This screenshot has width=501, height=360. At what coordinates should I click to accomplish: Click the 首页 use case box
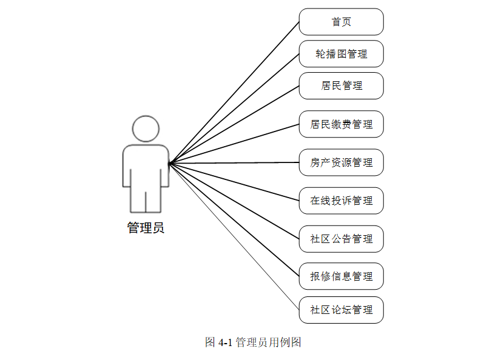(x=341, y=22)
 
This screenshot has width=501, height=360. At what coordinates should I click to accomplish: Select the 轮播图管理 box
(x=341, y=54)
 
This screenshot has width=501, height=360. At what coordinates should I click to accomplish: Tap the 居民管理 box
(x=341, y=85)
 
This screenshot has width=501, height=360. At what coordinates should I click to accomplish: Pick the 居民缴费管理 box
(x=341, y=124)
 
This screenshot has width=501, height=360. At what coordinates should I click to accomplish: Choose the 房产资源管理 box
(x=341, y=162)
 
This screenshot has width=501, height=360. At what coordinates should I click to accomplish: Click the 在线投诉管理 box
(x=341, y=201)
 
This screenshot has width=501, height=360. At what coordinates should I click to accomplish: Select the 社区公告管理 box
(x=341, y=239)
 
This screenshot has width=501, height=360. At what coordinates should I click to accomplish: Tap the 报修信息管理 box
(x=341, y=276)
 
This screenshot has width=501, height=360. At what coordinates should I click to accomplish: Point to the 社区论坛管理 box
(x=341, y=310)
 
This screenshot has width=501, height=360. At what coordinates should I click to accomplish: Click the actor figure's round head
(x=146, y=128)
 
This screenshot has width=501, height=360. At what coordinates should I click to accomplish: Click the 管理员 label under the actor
(x=146, y=228)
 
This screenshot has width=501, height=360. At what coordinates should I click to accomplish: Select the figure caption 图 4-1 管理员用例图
(x=253, y=342)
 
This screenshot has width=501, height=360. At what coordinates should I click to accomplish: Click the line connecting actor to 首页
(x=234, y=93)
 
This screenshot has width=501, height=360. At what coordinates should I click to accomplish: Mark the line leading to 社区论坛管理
(x=234, y=236)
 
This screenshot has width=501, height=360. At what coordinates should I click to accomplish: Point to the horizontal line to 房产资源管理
(x=234, y=162)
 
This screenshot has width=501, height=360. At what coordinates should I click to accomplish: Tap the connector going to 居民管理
(x=234, y=124)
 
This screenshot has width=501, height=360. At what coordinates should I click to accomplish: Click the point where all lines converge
(x=169, y=163)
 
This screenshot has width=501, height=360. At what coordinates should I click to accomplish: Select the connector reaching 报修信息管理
(x=234, y=219)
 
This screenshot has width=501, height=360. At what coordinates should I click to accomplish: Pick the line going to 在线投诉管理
(x=234, y=182)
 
